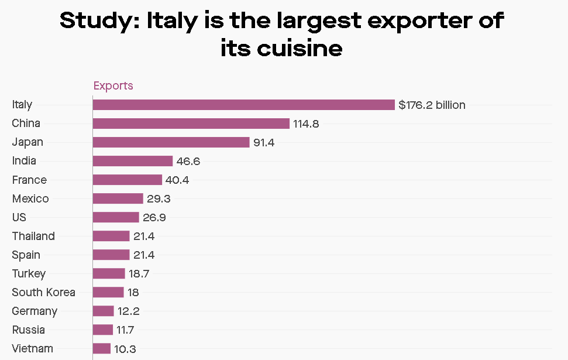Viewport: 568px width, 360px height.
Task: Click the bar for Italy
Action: (243, 105)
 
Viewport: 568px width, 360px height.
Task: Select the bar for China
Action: (191, 124)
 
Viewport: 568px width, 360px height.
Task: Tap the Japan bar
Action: (171, 142)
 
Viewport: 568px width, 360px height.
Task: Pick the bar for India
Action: (132, 161)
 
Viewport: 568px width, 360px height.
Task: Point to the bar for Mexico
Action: (118, 198)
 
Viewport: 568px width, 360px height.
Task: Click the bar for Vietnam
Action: (101, 348)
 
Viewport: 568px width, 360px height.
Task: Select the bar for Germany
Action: (103, 311)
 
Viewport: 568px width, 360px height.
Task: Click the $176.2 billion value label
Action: (432, 105)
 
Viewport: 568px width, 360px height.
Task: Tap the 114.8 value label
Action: (306, 124)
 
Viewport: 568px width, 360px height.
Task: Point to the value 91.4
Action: (264, 143)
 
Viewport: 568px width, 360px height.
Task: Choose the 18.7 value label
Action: (139, 274)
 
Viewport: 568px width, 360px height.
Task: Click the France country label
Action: (29, 180)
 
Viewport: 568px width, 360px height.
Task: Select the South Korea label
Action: (43, 292)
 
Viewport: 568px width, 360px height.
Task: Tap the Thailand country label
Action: (33, 236)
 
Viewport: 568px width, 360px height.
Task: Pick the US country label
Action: (19, 217)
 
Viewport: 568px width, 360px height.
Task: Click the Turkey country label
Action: (29, 273)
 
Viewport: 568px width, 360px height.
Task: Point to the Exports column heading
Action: (113, 86)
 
